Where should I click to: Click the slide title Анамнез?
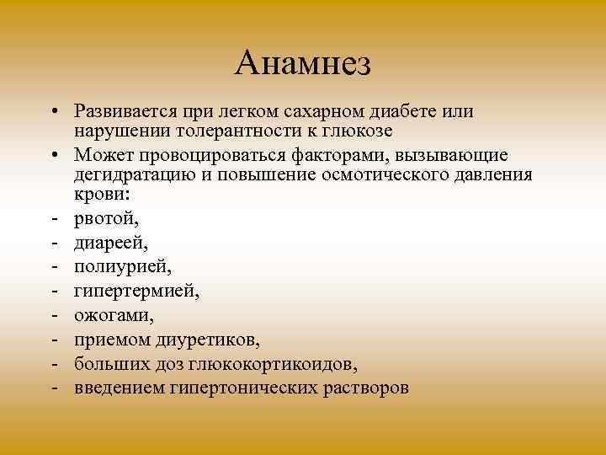pos(303,62)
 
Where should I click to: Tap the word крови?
pos(98,194)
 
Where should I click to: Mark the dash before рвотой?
pos(53,221)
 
